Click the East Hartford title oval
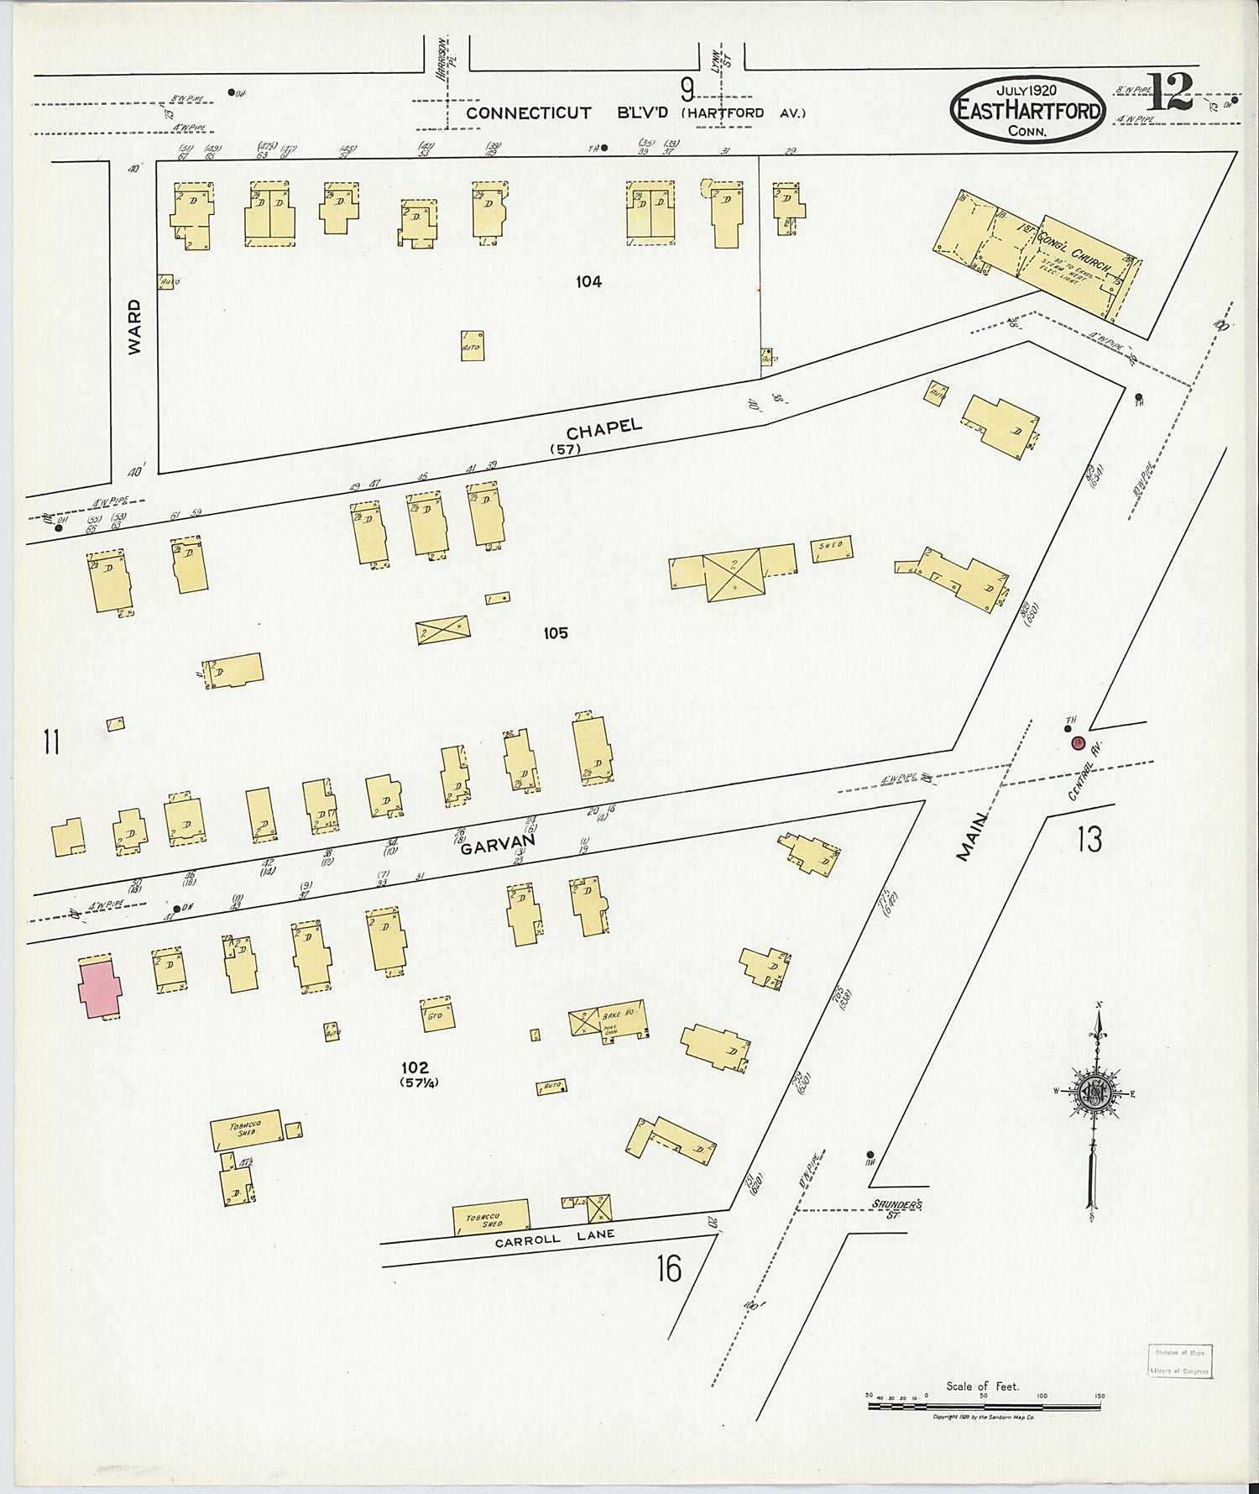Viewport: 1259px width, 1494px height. tap(1027, 111)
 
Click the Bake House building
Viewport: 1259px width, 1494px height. tap(608, 1020)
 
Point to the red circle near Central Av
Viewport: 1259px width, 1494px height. tap(1078, 742)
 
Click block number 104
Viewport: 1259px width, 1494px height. tap(588, 282)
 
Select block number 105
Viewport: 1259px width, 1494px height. tap(555, 633)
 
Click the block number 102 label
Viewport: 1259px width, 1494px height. tap(415, 1067)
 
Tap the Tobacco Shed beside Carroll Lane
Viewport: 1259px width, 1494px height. tap(492, 1217)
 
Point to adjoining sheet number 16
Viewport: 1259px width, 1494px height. tap(669, 1269)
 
